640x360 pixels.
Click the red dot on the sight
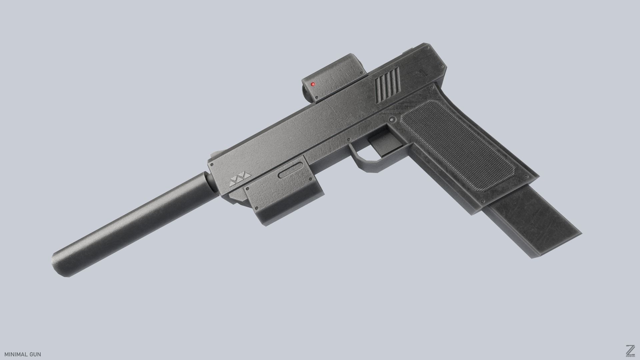tap(313, 84)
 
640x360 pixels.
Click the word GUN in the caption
tap(35, 354)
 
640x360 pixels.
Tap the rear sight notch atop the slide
tap(409, 51)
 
